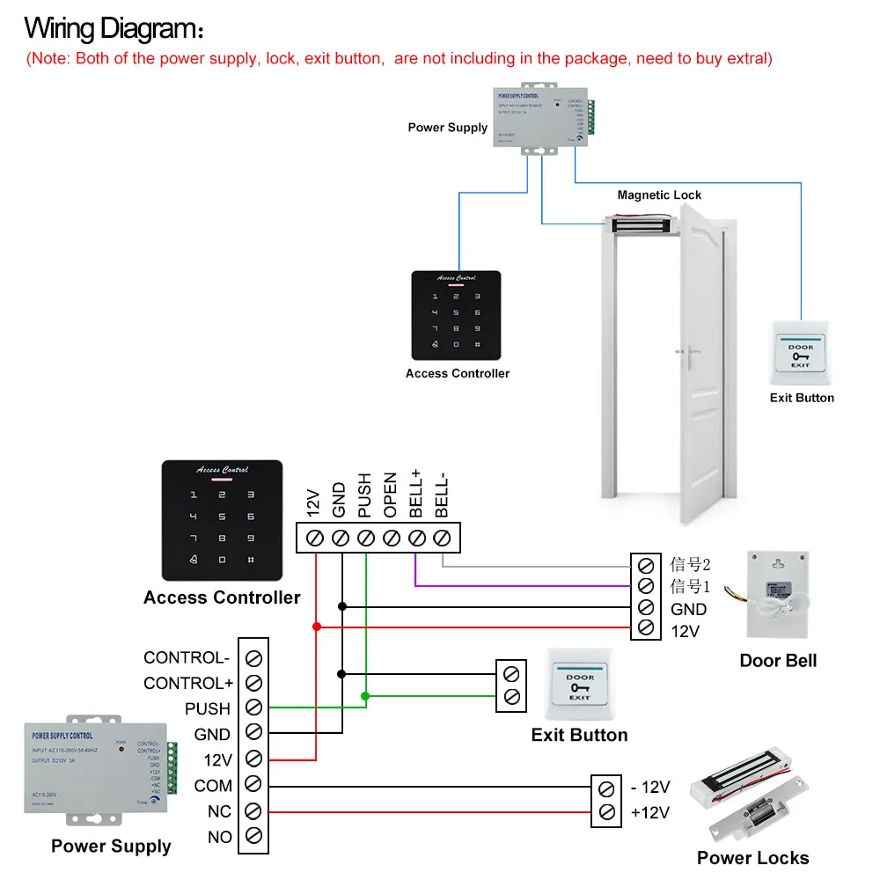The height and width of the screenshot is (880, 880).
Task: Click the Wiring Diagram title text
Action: [x=114, y=28]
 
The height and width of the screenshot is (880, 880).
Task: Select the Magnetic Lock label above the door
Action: [x=659, y=194]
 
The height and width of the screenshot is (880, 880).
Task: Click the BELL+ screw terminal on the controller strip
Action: [x=418, y=536]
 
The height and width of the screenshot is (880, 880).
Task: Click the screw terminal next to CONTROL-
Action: [x=253, y=657]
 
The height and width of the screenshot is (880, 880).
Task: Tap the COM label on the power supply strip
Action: [x=213, y=785]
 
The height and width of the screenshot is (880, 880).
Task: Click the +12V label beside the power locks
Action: [x=650, y=812]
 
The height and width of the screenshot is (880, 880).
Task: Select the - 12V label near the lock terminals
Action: [x=650, y=787]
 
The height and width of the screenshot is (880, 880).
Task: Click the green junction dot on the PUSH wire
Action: [x=365, y=696]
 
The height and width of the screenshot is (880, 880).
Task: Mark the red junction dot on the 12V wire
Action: [x=316, y=627]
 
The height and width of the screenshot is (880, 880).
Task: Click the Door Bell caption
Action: [x=778, y=660]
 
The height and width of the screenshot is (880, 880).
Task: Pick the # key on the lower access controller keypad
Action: [x=251, y=560]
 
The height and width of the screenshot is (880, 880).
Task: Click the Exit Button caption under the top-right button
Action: [x=802, y=398]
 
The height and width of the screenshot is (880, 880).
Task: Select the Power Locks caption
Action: [x=752, y=858]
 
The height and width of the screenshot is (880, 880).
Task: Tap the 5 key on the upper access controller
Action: [x=455, y=312]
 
